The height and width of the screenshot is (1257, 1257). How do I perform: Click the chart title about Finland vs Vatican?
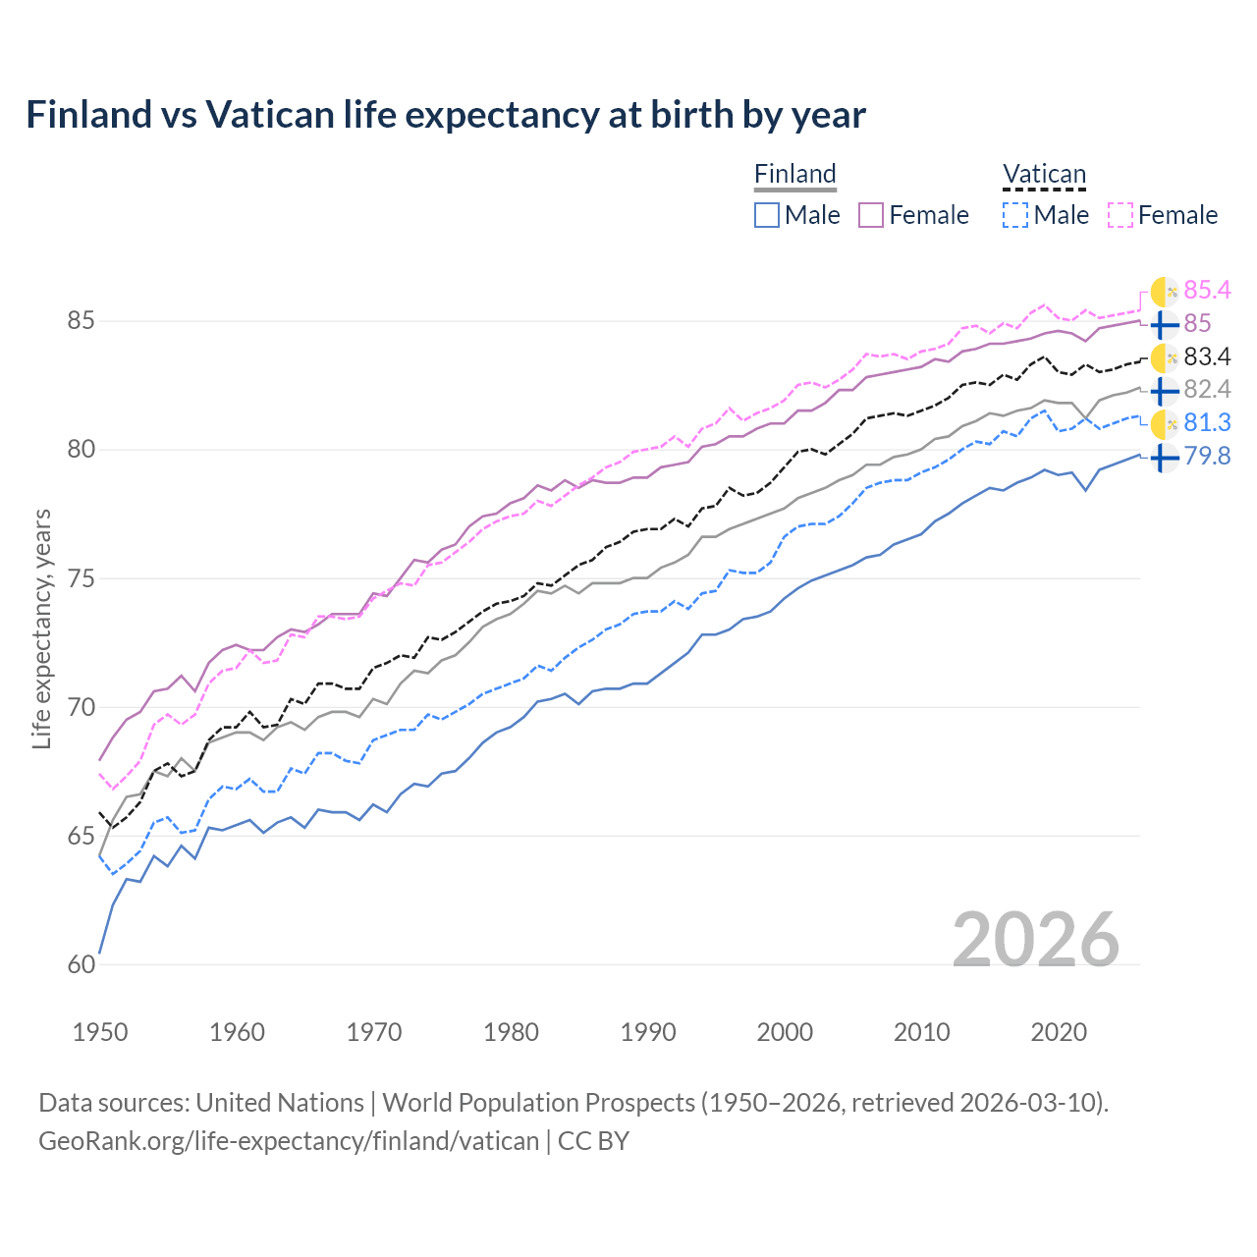[x=446, y=115]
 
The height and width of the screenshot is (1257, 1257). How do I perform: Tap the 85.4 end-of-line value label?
[x=1207, y=290]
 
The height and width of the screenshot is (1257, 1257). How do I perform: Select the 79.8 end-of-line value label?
[x=1207, y=456]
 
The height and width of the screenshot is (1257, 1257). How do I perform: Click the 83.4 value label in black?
[x=1207, y=356]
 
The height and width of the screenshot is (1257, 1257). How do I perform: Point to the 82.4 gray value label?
[x=1207, y=390]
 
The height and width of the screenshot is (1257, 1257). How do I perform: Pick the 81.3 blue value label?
[x=1207, y=422]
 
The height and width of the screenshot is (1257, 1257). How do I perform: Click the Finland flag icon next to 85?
[x=1164, y=324]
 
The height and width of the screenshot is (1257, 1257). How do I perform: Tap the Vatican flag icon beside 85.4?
[x=1164, y=292]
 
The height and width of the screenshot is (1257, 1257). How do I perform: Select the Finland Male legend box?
[x=767, y=215]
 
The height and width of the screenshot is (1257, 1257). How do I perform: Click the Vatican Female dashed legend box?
[x=1120, y=215]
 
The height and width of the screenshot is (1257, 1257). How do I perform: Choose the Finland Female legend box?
[x=871, y=215]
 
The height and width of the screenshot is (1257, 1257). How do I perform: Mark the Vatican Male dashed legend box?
[x=1015, y=215]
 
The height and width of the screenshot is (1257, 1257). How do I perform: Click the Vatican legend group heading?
[x=1044, y=175]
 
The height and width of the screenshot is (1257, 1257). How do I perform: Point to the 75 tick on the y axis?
[x=82, y=578]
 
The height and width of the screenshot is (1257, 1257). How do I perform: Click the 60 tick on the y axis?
[x=82, y=965]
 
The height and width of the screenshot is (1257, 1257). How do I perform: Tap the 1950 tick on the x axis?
[x=100, y=1032]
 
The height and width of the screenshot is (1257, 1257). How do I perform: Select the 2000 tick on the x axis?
[x=785, y=1032]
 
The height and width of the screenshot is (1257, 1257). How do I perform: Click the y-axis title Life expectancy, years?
[x=42, y=628]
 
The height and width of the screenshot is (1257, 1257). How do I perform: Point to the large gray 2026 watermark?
[x=1035, y=940]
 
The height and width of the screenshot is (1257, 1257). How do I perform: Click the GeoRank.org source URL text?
[x=289, y=1141]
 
